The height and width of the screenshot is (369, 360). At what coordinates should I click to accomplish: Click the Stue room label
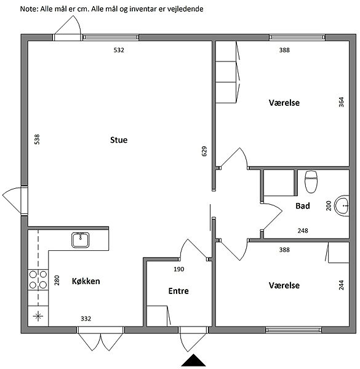[x=119, y=140]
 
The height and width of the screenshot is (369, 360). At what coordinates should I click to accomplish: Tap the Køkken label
[x=86, y=281]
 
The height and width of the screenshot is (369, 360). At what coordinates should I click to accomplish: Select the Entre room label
[x=178, y=291]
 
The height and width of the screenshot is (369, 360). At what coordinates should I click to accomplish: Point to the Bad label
[x=303, y=205]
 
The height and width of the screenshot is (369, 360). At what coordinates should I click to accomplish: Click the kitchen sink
[x=80, y=240]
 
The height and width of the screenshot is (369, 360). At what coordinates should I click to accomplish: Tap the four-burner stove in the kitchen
[x=38, y=280]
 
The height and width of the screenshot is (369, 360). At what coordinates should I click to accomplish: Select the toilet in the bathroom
[x=311, y=181]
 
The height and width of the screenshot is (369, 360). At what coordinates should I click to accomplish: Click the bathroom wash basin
[x=342, y=205]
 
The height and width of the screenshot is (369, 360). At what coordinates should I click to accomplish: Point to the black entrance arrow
[x=193, y=360]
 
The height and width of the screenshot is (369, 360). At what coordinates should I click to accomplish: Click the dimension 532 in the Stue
[x=119, y=50]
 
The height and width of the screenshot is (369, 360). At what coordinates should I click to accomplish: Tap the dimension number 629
[x=204, y=151]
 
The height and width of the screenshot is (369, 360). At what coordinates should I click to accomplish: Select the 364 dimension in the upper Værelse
[x=341, y=102]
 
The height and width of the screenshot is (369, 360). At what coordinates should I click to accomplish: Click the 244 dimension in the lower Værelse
[x=341, y=285]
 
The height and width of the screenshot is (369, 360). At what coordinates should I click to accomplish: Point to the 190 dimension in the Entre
[x=179, y=269]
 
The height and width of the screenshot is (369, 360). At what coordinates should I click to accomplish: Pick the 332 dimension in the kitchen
[x=86, y=319]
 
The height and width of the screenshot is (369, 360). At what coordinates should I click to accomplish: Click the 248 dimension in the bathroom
[x=303, y=231]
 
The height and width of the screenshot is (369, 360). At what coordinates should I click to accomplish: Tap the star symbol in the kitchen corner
[x=38, y=316]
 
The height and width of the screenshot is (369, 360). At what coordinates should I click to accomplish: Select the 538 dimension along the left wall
[x=37, y=140]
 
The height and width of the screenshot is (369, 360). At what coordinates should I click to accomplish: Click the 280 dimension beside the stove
[x=57, y=280]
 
